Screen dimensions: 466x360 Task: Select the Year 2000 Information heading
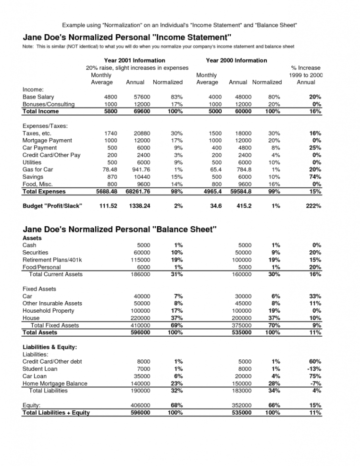[236, 61]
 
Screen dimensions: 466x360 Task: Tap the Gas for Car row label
[38, 170]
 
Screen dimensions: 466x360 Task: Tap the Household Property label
[49, 311]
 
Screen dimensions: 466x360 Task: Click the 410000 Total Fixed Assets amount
[140, 325]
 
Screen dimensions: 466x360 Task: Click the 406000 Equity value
[140, 405]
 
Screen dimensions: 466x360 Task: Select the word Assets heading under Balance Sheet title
[33, 238]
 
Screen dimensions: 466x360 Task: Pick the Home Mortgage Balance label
[55, 383]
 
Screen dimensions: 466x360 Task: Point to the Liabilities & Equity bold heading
[50, 347]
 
